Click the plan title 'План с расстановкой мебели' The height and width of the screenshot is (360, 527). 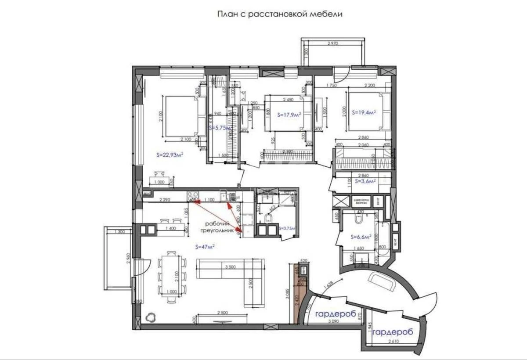(280, 14)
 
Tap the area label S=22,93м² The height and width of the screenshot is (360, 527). (170, 155)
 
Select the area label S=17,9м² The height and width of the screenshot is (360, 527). (289, 115)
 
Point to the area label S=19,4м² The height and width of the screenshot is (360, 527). (364, 112)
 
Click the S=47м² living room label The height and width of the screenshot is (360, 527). (204, 247)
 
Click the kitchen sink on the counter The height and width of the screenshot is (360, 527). (230, 198)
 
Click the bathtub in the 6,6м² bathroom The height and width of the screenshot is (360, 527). (382, 232)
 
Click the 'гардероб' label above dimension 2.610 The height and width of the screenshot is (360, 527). (392, 333)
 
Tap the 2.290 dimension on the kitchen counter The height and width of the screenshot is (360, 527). (165, 200)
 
